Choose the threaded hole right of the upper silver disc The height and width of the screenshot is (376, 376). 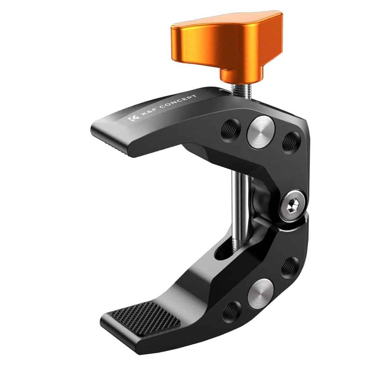(291, 141)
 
